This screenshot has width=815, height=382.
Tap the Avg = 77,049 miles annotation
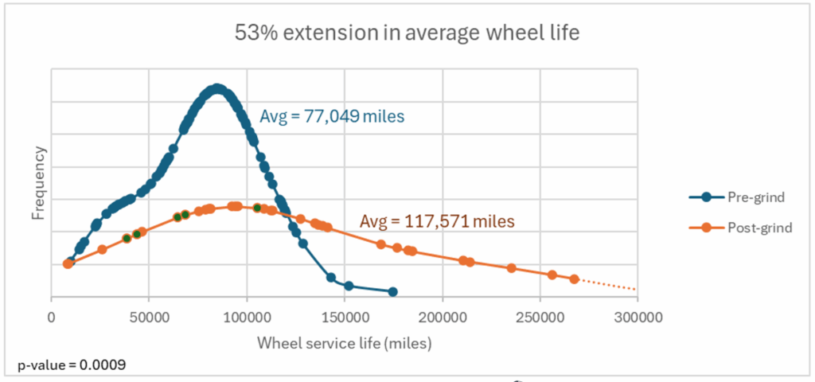[x=332, y=117]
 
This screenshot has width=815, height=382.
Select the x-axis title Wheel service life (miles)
[x=344, y=343]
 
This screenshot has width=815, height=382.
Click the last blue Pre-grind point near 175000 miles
[x=392, y=292]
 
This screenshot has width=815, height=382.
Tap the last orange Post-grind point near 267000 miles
[x=574, y=279]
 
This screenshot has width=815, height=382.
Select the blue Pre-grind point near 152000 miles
[x=349, y=285]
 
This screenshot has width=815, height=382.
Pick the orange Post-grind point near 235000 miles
[x=511, y=267]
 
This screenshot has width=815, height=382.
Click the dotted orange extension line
[x=609, y=284]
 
